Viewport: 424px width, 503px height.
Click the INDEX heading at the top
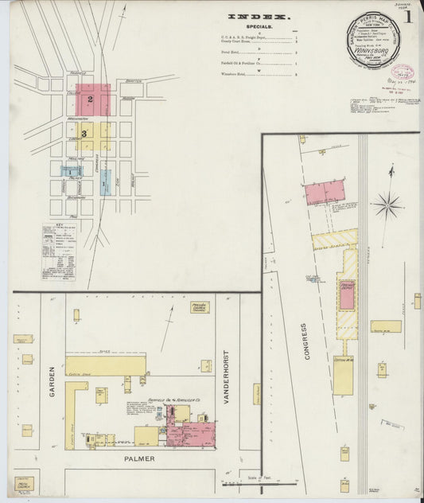click(x=259, y=16)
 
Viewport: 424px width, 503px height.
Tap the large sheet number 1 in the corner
click(x=408, y=16)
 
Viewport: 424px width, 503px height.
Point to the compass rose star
click(x=388, y=205)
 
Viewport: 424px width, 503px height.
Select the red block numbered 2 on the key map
click(x=92, y=99)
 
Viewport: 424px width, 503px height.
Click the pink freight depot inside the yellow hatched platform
click(x=347, y=296)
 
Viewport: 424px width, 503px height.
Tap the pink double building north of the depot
click(x=325, y=192)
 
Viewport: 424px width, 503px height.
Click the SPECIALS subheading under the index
click(x=259, y=27)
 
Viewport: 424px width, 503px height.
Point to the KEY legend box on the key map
click(x=58, y=250)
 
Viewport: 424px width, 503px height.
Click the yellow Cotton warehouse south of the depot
click(x=343, y=375)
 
